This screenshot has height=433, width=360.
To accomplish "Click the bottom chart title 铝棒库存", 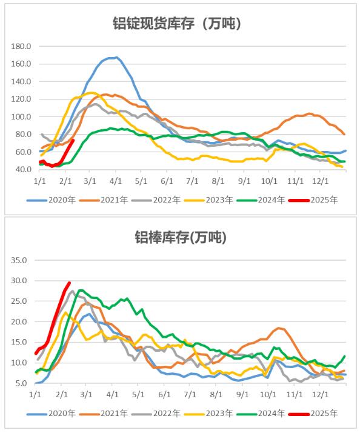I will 179,238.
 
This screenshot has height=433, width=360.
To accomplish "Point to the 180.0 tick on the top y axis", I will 22,46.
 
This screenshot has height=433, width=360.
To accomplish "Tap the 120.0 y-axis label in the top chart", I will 22,99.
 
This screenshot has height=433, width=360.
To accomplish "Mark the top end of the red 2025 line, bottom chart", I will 69,282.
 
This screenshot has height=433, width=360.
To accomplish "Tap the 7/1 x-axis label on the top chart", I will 193,181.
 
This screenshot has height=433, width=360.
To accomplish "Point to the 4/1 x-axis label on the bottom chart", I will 113,394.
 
